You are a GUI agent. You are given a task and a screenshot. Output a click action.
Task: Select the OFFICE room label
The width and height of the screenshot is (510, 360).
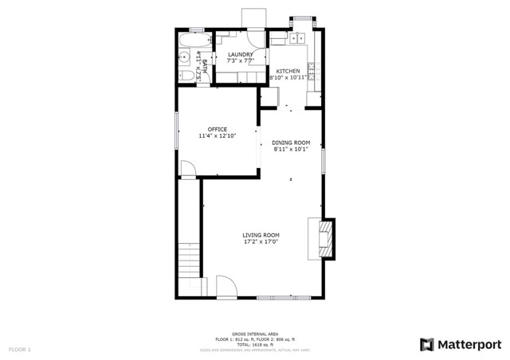coord(218,129)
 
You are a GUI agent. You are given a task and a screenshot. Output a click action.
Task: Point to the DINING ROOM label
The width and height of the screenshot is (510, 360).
coord(291,143)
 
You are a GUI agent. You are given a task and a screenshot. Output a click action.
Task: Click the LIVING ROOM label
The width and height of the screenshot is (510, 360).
coord(261,235)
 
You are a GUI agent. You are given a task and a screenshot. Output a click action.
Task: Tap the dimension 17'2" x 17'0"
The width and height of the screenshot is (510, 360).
coord(261,242)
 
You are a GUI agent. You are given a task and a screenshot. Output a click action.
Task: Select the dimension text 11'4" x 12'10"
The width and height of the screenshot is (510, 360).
coord(218,136)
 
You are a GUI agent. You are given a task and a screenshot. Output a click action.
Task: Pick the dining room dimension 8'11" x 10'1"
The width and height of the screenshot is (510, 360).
coord(291,149)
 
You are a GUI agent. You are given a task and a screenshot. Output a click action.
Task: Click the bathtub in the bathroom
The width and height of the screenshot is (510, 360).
coord(192,39)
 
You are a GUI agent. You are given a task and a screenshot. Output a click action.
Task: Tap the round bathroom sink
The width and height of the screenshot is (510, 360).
coord(183,57)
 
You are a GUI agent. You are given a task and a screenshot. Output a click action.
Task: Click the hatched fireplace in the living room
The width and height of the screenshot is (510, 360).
coord(325,238)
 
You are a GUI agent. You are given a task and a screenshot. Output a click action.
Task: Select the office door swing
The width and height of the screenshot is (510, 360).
coord(188,168)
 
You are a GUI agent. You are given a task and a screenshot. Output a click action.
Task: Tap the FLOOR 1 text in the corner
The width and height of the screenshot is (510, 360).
coord(20,349)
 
